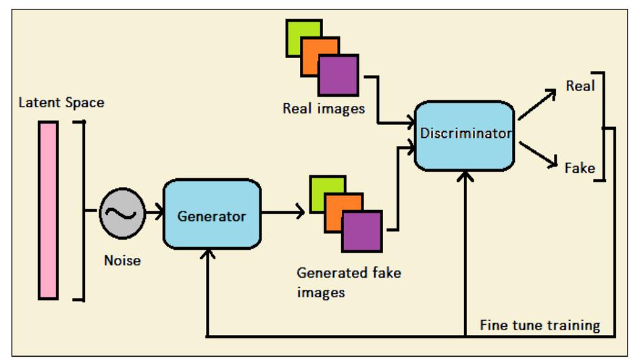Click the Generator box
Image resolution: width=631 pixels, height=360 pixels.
pos(211,216)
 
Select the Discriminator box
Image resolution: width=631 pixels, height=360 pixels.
pos(465,135)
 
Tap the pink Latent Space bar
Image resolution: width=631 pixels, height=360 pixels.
pos(49,209)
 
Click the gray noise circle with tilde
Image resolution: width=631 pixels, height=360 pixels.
pos(122,213)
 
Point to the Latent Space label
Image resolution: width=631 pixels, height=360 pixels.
pos(61,102)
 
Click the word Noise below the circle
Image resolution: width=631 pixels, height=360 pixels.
pos(122,259)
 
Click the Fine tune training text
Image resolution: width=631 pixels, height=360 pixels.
pos(540,325)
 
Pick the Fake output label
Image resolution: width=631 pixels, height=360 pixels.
pos(580,167)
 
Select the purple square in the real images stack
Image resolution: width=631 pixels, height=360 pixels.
pos(338,74)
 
